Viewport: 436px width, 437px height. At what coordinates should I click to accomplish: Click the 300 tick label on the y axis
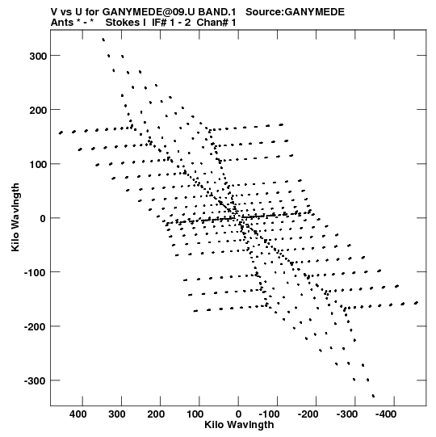(x=38, y=56)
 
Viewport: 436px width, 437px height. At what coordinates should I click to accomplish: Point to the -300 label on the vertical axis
(x=35, y=380)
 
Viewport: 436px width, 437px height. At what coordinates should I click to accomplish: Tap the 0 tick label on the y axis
(x=43, y=218)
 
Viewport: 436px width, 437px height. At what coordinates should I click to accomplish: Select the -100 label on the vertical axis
(x=35, y=272)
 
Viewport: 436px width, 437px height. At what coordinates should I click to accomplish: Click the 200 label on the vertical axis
(x=38, y=111)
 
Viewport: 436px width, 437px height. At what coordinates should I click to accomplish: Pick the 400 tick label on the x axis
(x=78, y=414)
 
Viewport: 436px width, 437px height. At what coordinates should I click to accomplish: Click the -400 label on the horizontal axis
(x=386, y=414)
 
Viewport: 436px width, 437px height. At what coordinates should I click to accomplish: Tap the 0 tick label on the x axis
(x=238, y=414)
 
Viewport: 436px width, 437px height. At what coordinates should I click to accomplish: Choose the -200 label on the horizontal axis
(x=308, y=414)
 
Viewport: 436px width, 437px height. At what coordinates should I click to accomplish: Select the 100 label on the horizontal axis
(x=195, y=414)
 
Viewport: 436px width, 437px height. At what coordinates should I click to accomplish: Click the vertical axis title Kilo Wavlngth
(x=15, y=217)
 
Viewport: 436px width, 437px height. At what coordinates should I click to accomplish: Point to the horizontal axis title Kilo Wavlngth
(x=239, y=425)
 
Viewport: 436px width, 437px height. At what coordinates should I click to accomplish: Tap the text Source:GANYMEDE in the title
(x=295, y=12)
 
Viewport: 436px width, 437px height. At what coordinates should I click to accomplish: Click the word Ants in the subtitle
(x=62, y=23)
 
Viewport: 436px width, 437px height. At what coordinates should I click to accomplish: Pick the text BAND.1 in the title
(x=217, y=12)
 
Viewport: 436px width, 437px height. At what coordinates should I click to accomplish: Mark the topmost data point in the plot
(x=103, y=40)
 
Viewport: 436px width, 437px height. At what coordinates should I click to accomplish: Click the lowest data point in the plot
(x=373, y=396)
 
